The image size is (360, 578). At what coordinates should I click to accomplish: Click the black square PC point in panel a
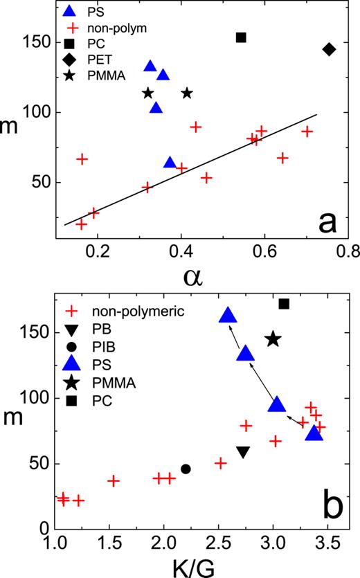241,37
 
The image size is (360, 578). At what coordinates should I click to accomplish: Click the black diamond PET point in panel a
329,49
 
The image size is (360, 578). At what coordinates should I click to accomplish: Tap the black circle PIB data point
186,469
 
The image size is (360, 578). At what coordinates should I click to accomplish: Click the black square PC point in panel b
284,304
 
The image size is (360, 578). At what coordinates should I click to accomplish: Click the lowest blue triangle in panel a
170,163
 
